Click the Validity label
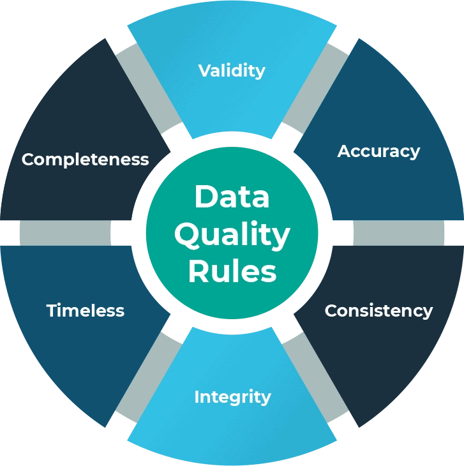coord(232,70)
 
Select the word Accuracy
coord(378,151)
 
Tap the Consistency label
coord(378,311)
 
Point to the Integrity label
coord(232,396)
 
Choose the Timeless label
coord(86,311)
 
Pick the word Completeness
coord(86,159)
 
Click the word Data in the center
coord(232,197)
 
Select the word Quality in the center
coord(232,235)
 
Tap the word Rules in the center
coord(232,271)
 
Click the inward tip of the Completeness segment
coord(170,151)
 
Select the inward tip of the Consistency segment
coord(294,314)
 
